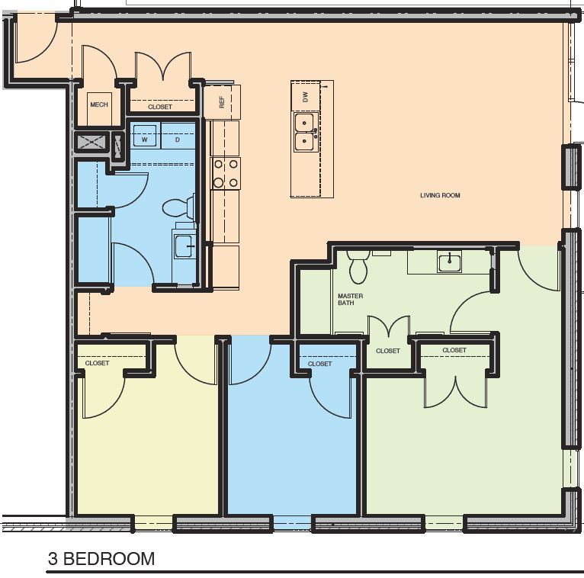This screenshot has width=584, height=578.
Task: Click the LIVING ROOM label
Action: (440, 195)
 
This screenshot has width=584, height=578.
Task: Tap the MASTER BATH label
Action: (350, 299)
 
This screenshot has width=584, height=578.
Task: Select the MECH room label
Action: (98, 104)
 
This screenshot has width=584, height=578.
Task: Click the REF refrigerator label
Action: (223, 101)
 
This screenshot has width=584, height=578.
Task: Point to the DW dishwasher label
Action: (305, 97)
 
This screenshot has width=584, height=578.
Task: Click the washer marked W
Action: (144, 139)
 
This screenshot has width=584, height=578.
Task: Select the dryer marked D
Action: (177, 139)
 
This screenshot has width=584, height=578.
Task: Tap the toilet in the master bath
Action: (358, 266)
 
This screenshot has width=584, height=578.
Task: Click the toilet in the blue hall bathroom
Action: (179, 207)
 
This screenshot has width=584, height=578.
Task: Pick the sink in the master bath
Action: (449, 263)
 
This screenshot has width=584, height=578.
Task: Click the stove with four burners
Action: (225, 173)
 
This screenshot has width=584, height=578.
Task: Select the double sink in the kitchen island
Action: (306, 132)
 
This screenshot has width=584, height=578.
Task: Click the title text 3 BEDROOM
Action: (101, 559)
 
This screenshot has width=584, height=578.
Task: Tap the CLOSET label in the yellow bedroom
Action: (97, 363)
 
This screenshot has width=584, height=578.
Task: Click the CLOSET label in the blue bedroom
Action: (319, 364)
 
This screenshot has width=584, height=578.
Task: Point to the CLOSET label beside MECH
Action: (160, 107)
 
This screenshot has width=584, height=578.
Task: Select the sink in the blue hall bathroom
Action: (184, 246)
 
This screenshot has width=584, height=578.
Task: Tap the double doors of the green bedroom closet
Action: (454, 389)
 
